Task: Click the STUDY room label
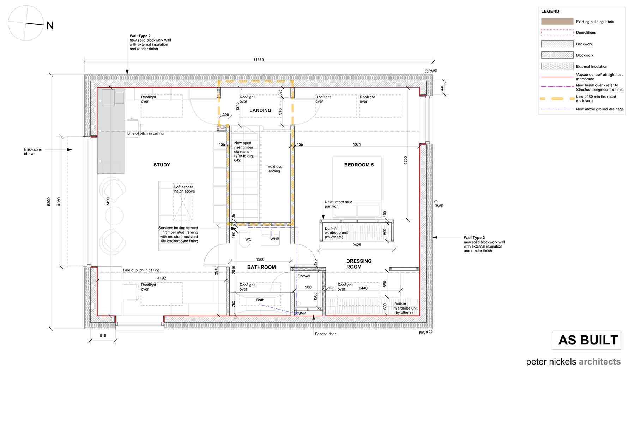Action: click(162, 165)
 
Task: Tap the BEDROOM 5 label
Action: click(359, 165)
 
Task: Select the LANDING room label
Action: click(260, 111)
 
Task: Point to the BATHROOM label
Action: click(261, 267)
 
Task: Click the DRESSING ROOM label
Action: click(359, 264)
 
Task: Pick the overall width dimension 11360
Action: click(259, 60)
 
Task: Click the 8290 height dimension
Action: click(49, 202)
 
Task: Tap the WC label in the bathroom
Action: click(248, 239)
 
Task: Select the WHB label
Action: click(274, 239)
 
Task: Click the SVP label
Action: click(302, 313)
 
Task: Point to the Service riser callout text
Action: click(325, 334)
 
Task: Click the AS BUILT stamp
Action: click(586, 340)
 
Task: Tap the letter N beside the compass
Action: click(50, 26)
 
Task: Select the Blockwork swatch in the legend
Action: click(557, 55)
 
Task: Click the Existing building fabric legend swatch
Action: click(557, 22)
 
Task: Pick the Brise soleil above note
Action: click(33, 152)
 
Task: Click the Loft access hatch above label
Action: click(184, 189)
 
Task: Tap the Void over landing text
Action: click(276, 169)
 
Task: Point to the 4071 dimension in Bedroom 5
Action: click(357, 144)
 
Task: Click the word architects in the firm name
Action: click(599, 362)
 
